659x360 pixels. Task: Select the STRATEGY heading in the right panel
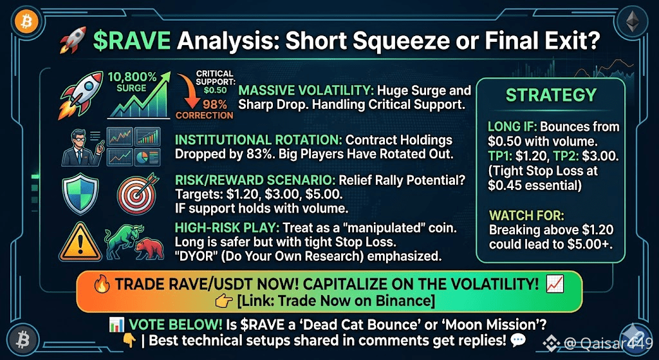(551, 95)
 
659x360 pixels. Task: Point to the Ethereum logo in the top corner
(632, 22)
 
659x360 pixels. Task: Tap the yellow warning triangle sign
(80, 242)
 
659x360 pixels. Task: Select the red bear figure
(148, 251)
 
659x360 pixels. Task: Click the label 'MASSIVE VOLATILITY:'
(306, 90)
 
